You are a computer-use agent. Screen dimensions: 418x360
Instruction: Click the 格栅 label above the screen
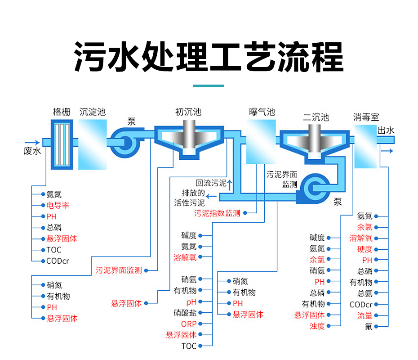62,112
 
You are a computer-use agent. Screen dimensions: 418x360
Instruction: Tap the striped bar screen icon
62,144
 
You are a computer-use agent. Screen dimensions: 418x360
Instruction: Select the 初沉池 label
188,112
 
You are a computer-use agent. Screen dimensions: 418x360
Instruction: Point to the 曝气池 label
262,112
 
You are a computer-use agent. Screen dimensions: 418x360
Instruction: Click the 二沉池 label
316,117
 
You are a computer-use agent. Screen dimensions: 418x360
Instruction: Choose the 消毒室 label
366,117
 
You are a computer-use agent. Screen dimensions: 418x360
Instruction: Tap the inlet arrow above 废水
32,143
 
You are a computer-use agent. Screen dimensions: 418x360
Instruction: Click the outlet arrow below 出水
387,151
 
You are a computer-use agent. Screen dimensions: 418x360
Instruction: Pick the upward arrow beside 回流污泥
229,185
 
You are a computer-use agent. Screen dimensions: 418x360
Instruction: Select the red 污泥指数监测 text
217,213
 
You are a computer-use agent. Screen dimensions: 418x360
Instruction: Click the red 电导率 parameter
58,205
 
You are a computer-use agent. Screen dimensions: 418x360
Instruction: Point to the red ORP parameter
189,324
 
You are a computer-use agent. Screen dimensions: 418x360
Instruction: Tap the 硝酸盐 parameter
185,313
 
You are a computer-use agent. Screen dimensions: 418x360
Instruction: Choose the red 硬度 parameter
365,249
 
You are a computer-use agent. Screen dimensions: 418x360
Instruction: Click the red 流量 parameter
365,315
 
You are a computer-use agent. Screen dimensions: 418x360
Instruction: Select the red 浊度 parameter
317,326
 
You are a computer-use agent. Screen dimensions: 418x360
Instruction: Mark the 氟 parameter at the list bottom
369,326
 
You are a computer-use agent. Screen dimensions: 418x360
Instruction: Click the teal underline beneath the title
209,85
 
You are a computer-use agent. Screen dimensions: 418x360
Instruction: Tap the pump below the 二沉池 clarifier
314,189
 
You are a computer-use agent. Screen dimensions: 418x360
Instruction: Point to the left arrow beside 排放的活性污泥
211,197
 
